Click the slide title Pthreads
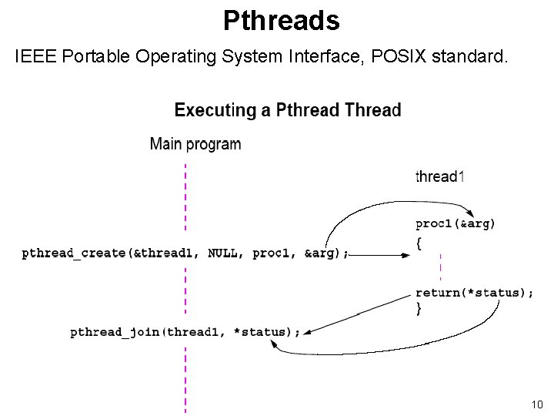point(281,21)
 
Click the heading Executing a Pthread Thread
point(288,110)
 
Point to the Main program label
point(195,144)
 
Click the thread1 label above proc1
point(439,176)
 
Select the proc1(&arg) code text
point(456,224)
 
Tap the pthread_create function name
point(74,253)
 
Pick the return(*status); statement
point(474,293)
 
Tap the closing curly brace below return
point(419,308)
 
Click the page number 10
point(536,404)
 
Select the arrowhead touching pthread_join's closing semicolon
point(306,332)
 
